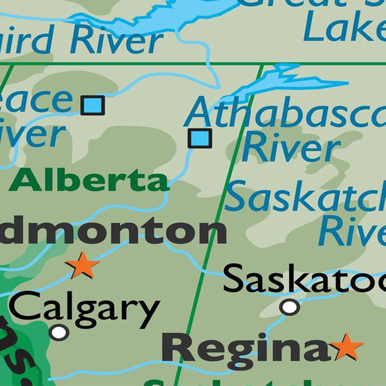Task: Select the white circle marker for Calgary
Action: coord(59,332)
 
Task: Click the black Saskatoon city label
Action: coord(305,279)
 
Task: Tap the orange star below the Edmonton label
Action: coord(83,265)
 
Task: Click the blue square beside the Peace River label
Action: coord(93,105)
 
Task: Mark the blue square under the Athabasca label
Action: coord(200,138)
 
